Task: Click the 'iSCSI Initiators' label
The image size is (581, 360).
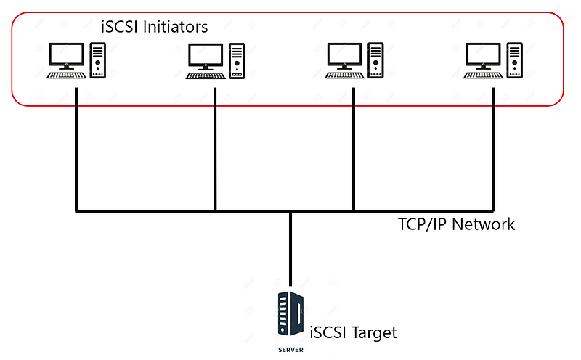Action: (x=154, y=27)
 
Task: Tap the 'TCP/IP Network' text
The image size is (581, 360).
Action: (x=456, y=224)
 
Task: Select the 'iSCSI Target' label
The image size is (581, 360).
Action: (x=354, y=333)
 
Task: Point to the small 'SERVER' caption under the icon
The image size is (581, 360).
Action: (x=290, y=349)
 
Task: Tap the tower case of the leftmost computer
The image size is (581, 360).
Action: (x=97, y=60)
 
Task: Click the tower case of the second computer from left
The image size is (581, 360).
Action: (x=237, y=60)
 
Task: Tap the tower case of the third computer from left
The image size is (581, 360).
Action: (x=375, y=60)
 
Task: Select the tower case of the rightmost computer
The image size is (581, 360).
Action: (x=515, y=60)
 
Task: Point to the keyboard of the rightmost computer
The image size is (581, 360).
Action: (x=482, y=74)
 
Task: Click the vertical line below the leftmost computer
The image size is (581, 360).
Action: (x=76, y=152)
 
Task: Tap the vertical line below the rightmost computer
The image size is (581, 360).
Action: (x=493, y=152)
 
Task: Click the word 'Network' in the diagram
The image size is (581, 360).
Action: (x=483, y=224)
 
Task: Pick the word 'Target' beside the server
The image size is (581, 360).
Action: (x=374, y=333)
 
